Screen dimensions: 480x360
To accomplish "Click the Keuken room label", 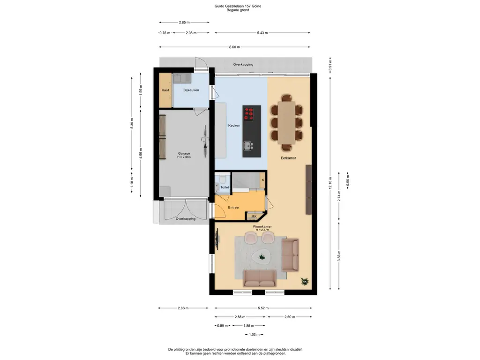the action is coord(234,125).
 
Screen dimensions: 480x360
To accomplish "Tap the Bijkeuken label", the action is coord(191,90).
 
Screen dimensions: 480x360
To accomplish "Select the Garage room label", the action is coord(184,154).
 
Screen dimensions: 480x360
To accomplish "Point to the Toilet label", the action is coord(225,187).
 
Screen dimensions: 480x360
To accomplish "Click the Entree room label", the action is coord(233,208).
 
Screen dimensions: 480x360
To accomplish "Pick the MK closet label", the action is coord(254,217).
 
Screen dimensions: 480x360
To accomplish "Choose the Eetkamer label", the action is coord(289,158).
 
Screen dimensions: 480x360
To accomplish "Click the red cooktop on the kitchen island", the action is coord(249,113).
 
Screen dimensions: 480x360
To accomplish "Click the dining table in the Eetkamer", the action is coord(286,122).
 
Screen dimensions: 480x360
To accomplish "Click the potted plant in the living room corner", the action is coord(305,281).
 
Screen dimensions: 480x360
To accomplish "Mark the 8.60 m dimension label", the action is coord(234,47).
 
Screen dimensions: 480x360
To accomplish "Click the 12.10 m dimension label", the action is coord(330,183).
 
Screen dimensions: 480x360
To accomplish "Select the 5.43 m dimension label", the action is coord(262,33).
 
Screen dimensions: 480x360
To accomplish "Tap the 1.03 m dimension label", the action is coord(254,335).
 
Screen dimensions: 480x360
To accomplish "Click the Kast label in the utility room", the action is coord(165,90).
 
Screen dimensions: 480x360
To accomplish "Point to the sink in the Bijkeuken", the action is coord(181,78).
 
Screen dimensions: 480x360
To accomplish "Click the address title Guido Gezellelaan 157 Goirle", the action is coord(238,6).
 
